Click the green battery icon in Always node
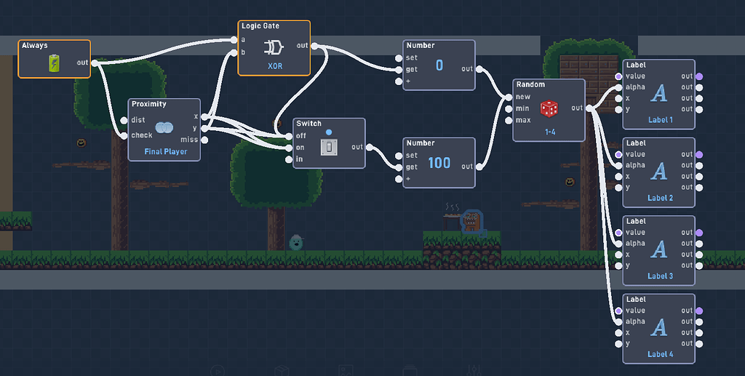tap(55, 63)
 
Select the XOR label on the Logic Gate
tap(274, 65)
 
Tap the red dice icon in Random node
tap(549, 108)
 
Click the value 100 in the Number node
tap(439, 163)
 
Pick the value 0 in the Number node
tap(439, 65)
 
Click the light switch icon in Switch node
tap(329, 147)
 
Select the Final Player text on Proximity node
tap(165, 152)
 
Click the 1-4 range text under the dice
tap(549, 132)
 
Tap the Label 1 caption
tap(660, 119)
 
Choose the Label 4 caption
tap(660, 354)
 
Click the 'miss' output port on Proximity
tap(205, 139)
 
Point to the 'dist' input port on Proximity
tap(124, 120)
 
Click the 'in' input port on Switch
tap(290, 159)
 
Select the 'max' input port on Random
tap(509, 120)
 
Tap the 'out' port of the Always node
tap(95, 63)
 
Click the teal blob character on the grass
tap(296, 242)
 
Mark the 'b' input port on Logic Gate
tap(234, 52)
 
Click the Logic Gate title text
tap(260, 26)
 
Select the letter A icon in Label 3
tap(659, 249)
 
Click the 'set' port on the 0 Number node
tap(399, 57)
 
